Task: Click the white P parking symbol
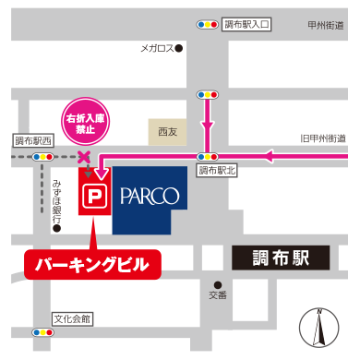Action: point(94,197)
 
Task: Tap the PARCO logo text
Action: point(150,196)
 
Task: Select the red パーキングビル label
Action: point(91,264)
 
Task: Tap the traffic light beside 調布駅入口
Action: point(208,24)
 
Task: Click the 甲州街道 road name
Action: point(327,26)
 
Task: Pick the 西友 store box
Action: point(167,132)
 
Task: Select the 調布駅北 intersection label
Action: point(218,170)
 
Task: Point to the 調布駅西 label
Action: point(34,141)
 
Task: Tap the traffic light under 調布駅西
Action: point(42,157)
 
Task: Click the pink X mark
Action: point(85,157)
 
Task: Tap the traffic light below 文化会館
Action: point(42,332)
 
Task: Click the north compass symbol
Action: point(318,328)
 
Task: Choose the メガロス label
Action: point(161,46)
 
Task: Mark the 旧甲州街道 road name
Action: point(323,138)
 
